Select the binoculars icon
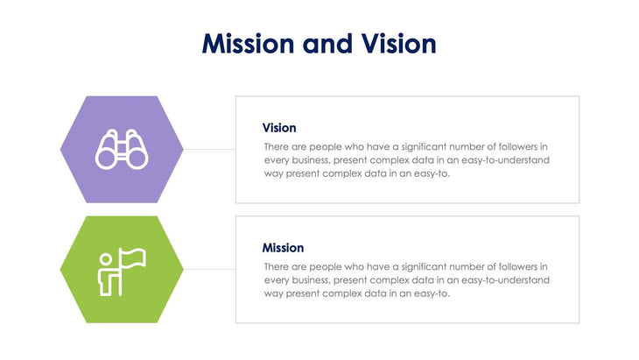[122, 150]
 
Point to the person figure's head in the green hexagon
[106, 258]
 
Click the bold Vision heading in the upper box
[279, 128]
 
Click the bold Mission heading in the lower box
[283, 248]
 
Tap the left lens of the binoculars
[109, 157]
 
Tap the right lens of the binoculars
[135, 157]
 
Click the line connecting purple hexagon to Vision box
[209, 150]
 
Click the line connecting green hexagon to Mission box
[209, 270]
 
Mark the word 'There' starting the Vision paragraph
[277, 146]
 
